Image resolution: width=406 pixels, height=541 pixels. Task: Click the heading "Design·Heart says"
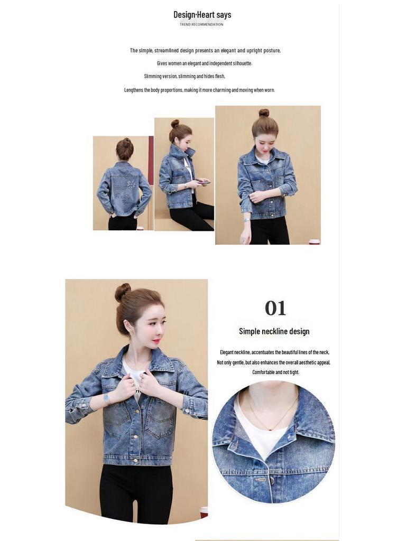[x=202, y=15]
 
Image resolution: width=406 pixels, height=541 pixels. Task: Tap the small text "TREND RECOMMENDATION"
[x=201, y=25]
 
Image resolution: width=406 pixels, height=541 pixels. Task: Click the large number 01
[x=275, y=308]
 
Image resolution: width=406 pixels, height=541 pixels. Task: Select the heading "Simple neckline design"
[x=274, y=331]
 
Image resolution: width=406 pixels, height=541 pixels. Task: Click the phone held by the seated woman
[x=203, y=182]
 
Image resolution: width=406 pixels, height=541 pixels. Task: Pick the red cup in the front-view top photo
[x=314, y=242]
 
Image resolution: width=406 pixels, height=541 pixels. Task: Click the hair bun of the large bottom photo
[x=123, y=292]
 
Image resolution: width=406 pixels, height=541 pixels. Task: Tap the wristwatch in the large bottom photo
[x=106, y=397]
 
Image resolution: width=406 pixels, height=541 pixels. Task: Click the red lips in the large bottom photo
[x=156, y=341]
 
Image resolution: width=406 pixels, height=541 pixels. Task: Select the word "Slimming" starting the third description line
[x=153, y=77]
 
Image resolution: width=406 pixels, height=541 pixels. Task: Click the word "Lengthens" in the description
[x=134, y=90]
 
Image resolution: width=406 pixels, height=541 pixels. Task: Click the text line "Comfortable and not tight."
[x=275, y=372]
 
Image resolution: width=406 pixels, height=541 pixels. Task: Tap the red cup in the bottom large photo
[x=204, y=511]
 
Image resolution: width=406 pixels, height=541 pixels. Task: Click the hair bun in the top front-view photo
[x=264, y=113]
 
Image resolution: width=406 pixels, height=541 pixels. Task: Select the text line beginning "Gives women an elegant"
[x=204, y=63]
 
